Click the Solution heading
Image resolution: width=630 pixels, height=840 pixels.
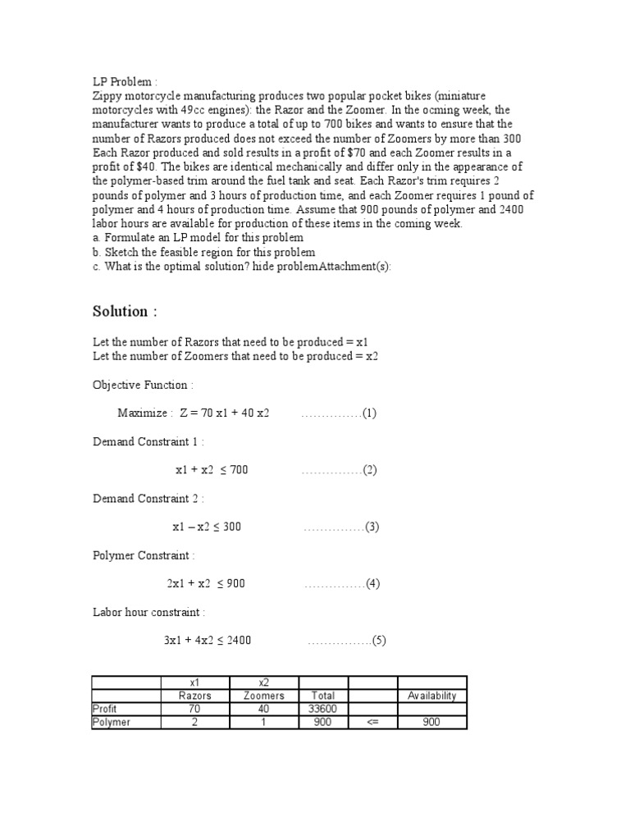[x=124, y=312]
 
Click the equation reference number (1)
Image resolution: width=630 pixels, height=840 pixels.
[x=369, y=413]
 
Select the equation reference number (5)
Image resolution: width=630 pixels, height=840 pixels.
[x=378, y=641]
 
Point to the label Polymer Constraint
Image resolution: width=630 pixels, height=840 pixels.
[x=144, y=555]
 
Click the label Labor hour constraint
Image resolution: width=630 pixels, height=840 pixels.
[x=148, y=612]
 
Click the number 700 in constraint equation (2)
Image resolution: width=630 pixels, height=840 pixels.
[x=238, y=470]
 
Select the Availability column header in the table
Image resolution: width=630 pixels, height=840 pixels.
[x=431, y=696]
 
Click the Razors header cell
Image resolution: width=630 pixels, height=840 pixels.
[x=195, y=696]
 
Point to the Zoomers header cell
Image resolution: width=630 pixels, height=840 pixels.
[x=264, y=696]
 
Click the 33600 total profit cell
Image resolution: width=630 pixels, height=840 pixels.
[x=323, y=709]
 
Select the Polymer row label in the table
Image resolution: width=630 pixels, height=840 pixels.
[x=112, y=722]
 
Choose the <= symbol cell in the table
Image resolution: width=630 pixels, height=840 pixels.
[x=372, y=722]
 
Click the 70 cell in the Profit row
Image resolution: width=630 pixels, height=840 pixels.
[x=195, y=709]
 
